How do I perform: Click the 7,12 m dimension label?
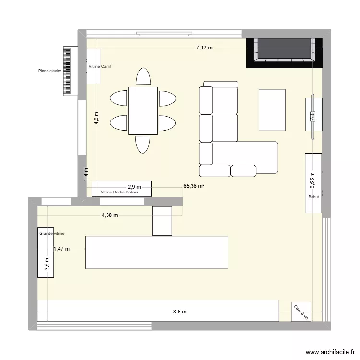pos(204,48)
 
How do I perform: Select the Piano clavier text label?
pos(50,71)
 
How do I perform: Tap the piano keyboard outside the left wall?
pos(70,71)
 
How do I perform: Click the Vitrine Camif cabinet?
pos(94,66)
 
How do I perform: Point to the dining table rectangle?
pos(143,111)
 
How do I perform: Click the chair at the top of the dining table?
pos(143,77)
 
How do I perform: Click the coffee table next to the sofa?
pos(272,109)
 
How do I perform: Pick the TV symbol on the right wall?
pos(313,116)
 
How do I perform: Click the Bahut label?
pos(313,197)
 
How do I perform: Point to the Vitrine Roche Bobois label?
pos(119,192)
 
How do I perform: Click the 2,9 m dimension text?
pos(134,187)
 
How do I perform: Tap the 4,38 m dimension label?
pos(109,216)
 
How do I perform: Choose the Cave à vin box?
pos(301,312)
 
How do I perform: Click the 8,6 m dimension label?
pos(180,312)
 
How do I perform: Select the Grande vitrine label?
pos(52,233)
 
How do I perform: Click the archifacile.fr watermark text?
pos(330,351)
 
